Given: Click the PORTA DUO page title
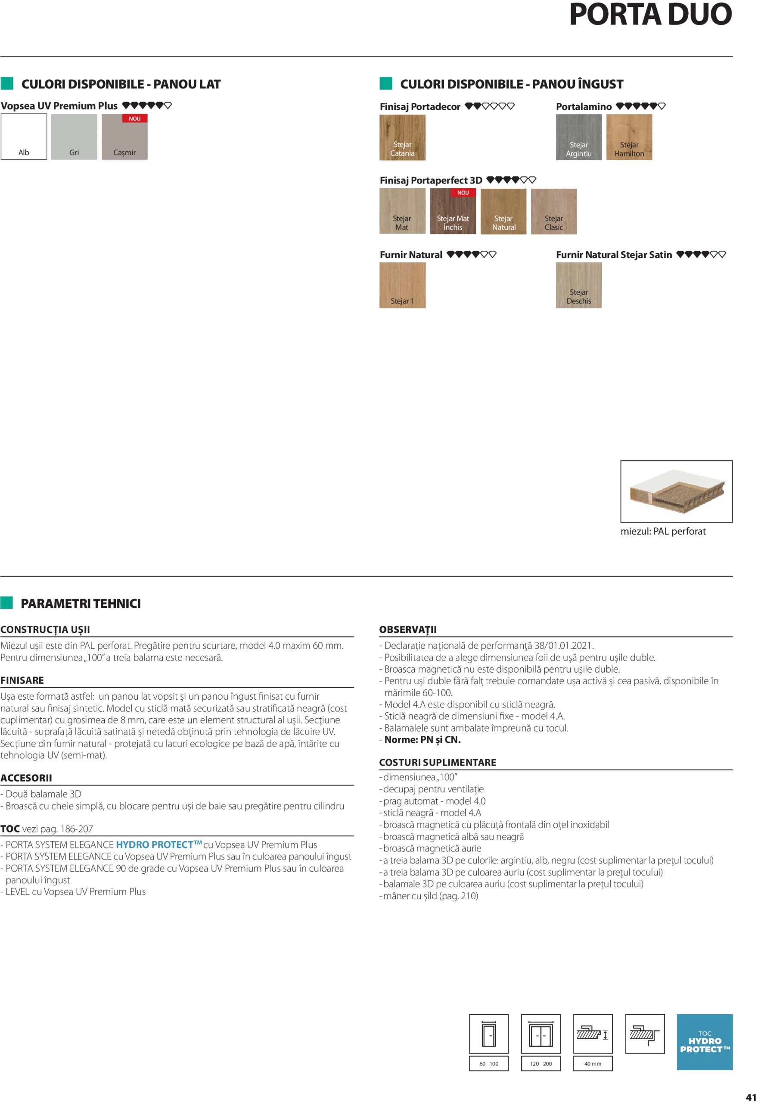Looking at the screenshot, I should coord(650,15).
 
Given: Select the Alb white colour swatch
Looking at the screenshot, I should coord(24,137).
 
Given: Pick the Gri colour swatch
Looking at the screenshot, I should coord(74,137).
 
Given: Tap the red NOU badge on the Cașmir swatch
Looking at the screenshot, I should coord(135,119).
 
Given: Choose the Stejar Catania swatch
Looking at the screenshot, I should coord(402,137).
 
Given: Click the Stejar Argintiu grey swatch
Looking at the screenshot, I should coord(578,137).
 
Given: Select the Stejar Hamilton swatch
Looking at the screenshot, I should coord(629,137).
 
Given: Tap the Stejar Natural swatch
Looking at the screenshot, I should coord(503,212).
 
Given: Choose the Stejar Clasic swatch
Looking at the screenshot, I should coord(554,212).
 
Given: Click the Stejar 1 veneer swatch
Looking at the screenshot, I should coord(402,285).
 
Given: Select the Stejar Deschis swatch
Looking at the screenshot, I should coord(578,285).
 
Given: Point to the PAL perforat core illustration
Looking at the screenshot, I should coord(676,491).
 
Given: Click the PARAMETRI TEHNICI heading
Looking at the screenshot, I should coord(81,603).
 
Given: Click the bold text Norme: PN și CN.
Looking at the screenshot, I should coord(422,740).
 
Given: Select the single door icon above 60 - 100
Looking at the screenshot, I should coord(489,1034).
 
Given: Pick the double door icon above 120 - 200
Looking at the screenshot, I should coord(541,1034).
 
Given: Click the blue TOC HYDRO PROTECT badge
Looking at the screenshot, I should coord(704,1042).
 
